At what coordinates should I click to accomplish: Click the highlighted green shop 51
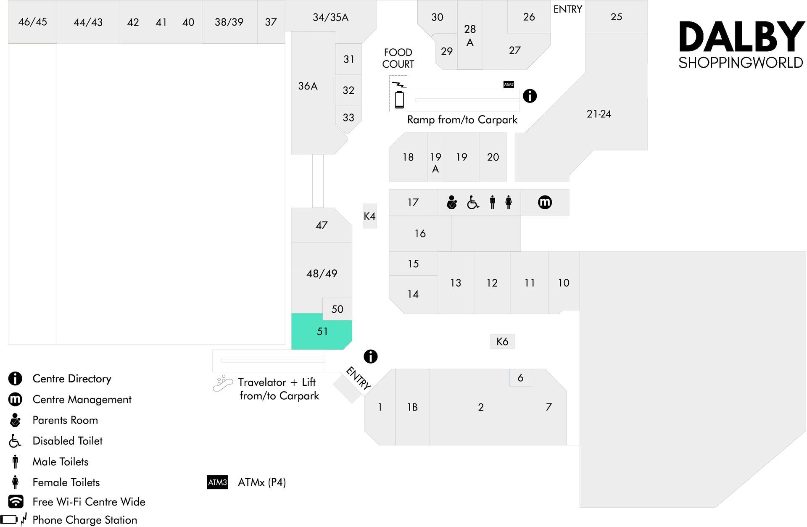(322, 332)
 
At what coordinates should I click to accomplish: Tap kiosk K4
(370, 216)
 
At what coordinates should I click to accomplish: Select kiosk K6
(503, 341)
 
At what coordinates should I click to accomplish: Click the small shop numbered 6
(520, 378)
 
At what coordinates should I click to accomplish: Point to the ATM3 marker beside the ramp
(509, 84)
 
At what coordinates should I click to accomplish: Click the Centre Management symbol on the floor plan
(545, 202)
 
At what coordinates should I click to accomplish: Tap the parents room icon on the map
(452, 202)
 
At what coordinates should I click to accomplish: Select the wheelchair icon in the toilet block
(473, 203)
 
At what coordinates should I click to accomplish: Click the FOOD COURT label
(398, 58)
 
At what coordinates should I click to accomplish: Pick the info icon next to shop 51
(370, 356)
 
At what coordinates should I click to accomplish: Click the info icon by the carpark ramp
(530, 96)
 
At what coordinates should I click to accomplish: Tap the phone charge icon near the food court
(399, 95)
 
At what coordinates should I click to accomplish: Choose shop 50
(338, 309)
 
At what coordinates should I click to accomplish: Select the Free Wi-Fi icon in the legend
(16, 501)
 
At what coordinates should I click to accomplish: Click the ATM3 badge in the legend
(217, 482)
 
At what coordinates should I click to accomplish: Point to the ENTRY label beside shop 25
(567, 9)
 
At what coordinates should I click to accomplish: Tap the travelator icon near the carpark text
(222, 383)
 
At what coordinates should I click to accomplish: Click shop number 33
(348, 118)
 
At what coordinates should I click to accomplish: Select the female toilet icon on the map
(509, 202)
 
